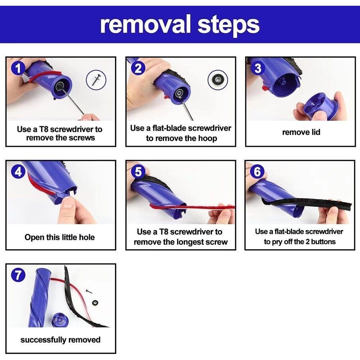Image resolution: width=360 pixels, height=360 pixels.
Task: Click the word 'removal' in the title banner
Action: [x=145, y=24]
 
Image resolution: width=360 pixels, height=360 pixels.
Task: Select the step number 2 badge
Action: [x=138, y=68]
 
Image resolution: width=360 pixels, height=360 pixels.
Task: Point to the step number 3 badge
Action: [x=258, y=68]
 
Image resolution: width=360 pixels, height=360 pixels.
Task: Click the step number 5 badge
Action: [x=138, y=171]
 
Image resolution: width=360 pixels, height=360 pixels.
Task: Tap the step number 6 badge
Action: [x=257, y=171]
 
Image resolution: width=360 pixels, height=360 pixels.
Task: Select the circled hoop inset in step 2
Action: [x=218, y=80]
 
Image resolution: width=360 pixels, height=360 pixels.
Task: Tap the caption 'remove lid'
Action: [x=301, y=132]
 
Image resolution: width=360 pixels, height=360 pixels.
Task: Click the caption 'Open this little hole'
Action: [x=60, y=237]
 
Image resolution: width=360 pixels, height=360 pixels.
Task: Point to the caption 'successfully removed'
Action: [x=60, y=340]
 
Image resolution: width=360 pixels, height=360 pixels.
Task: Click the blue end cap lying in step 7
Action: [x=60, y=320]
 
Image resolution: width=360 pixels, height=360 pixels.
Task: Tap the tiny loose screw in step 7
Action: [x=89, y=292]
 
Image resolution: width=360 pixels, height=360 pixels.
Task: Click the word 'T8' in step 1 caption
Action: [x=44, y=129]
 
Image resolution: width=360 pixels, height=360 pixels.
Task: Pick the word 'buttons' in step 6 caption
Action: [x=323, y=242]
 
